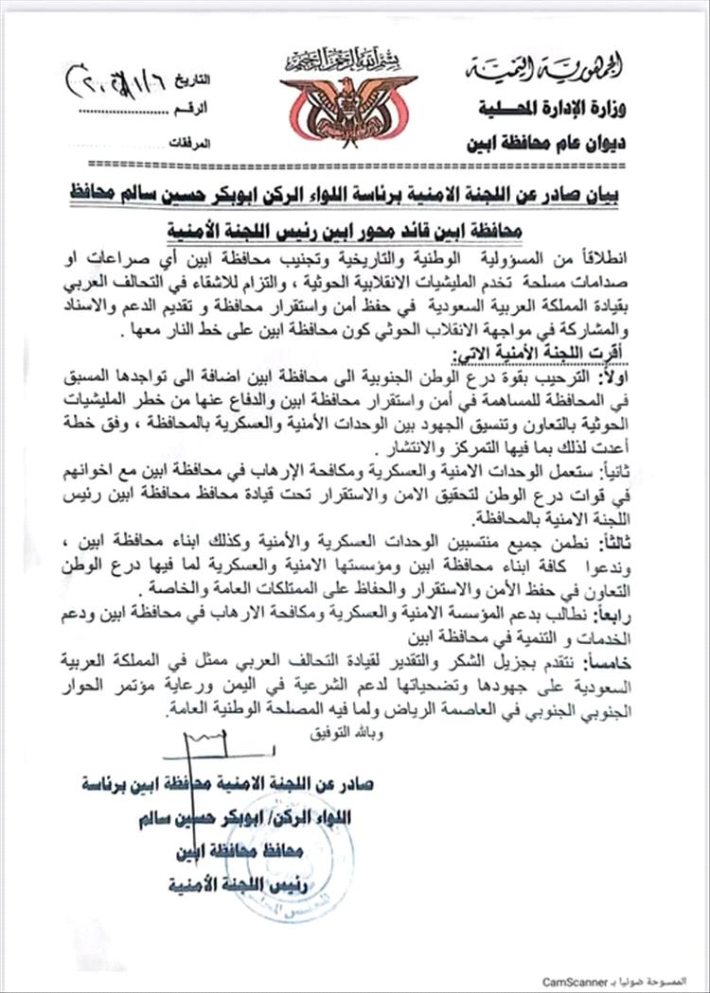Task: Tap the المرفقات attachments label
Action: (x=189, y=144)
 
